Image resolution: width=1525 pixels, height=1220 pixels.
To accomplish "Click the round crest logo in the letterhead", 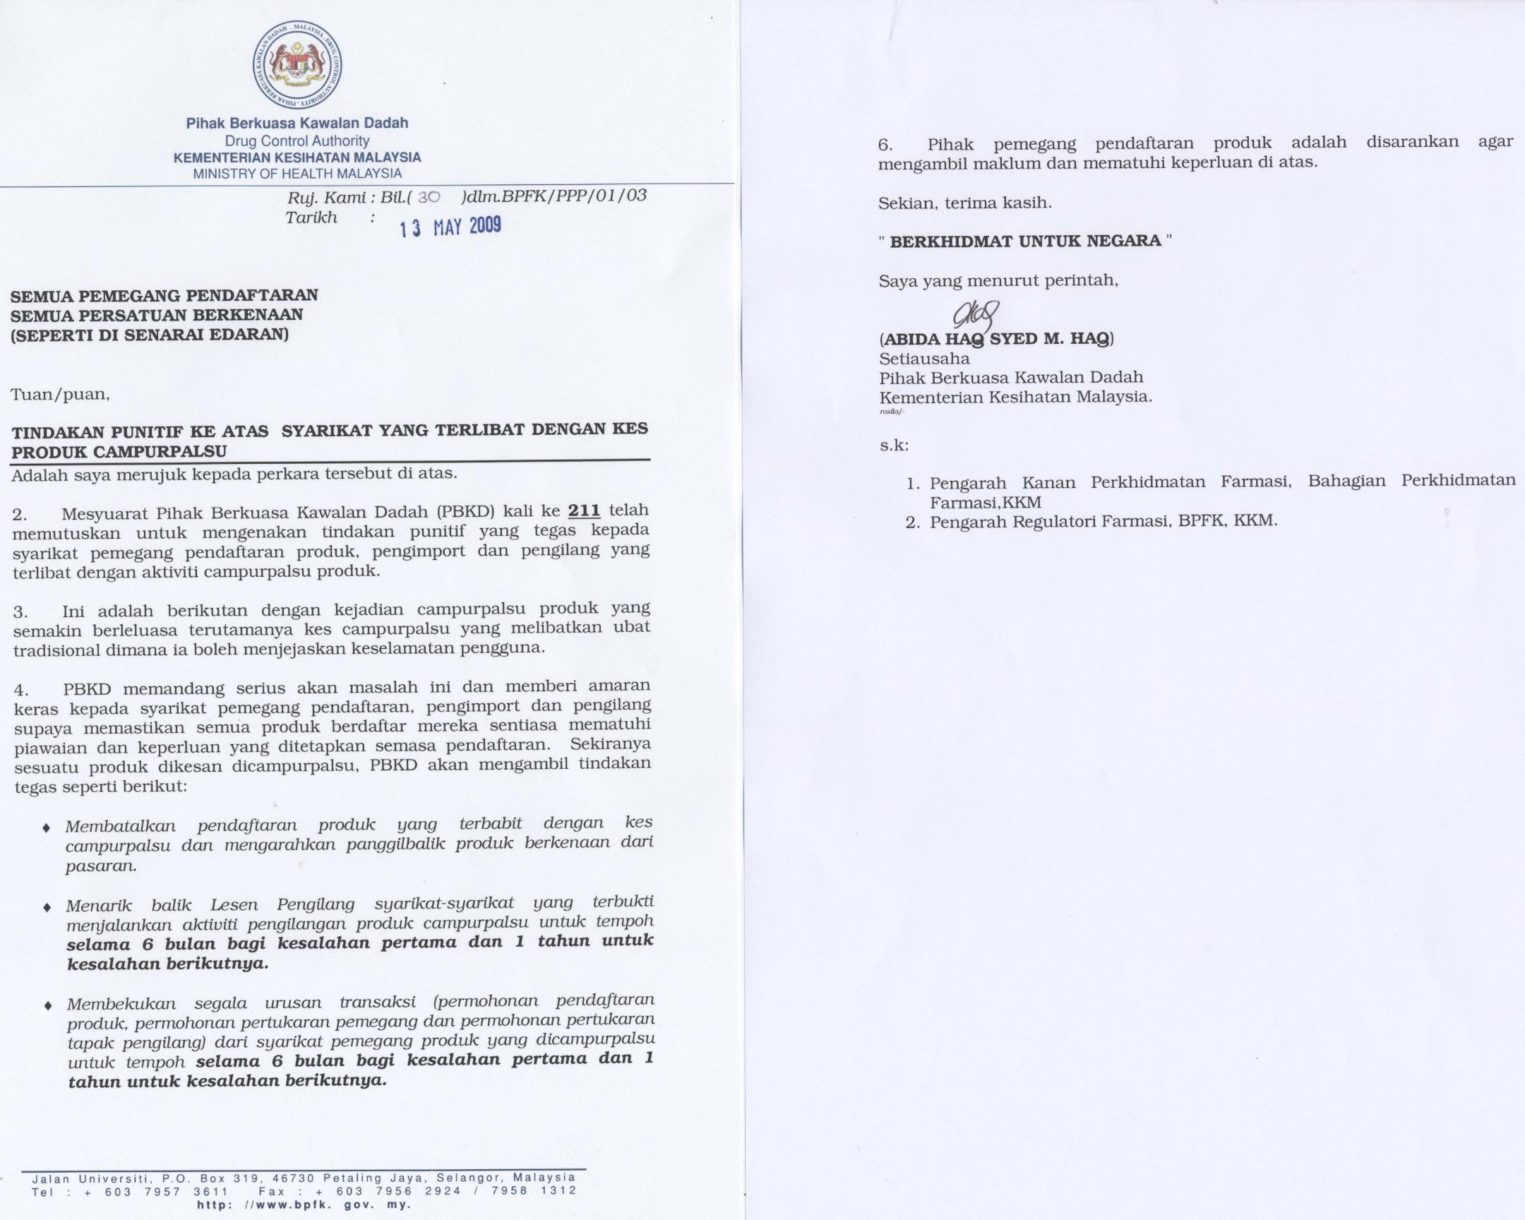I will tap(297, 64).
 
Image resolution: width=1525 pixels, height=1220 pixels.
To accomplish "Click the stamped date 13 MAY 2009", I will tap(450, 227).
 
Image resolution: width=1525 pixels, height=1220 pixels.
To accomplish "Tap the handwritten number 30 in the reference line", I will tap(429, 197).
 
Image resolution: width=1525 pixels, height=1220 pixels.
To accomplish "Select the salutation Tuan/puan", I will tap(60, 394).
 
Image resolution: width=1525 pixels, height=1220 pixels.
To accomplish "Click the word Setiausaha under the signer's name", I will tap(924, 359).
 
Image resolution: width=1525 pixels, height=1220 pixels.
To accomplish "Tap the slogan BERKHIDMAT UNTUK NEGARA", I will tap(1025, 241).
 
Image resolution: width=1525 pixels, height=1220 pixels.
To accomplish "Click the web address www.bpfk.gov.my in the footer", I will tap(304, 1204).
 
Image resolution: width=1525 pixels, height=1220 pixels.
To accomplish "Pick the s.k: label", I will tap(894, 445).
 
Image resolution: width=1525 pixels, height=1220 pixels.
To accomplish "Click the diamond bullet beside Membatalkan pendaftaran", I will tap(47, 827).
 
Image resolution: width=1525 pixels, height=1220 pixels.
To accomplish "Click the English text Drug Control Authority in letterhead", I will tap(297, 141).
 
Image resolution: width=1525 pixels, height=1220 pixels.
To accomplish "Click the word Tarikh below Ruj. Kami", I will tap(311, 218).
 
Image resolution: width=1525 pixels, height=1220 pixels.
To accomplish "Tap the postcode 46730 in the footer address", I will tap(297, 1178).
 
